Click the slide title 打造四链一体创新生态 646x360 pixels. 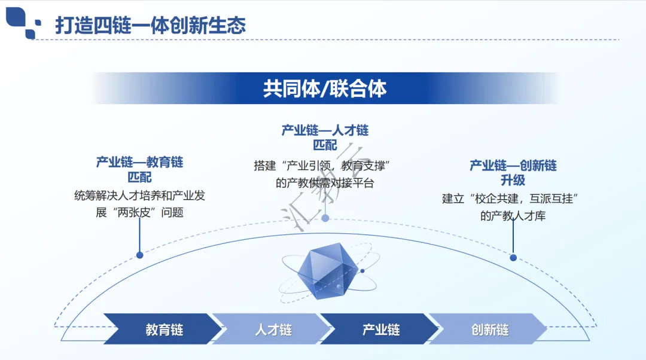click(150, 26)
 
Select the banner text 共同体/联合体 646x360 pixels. click(325, 89)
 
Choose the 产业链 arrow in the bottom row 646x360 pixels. click(380, 330)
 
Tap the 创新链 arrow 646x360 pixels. click(489, 330)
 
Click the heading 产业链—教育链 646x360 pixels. click(139, 162)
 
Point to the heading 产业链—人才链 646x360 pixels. click(325, 130)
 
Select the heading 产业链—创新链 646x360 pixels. click(513, 166)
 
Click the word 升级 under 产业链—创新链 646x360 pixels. click(513, 180)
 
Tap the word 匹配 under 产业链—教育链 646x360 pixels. click(139, 177)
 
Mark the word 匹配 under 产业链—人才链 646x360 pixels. click(325, 145)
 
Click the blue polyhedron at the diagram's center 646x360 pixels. click(324, 272)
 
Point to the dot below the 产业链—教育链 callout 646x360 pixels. click(139, 255)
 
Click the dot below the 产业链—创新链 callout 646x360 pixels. click(513, 258)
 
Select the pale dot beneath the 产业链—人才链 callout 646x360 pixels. click(325, 218)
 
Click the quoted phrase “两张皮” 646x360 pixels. click(135, 212)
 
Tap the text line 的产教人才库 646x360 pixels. click(513, 216)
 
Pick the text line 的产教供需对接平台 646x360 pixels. click(325, 183)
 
